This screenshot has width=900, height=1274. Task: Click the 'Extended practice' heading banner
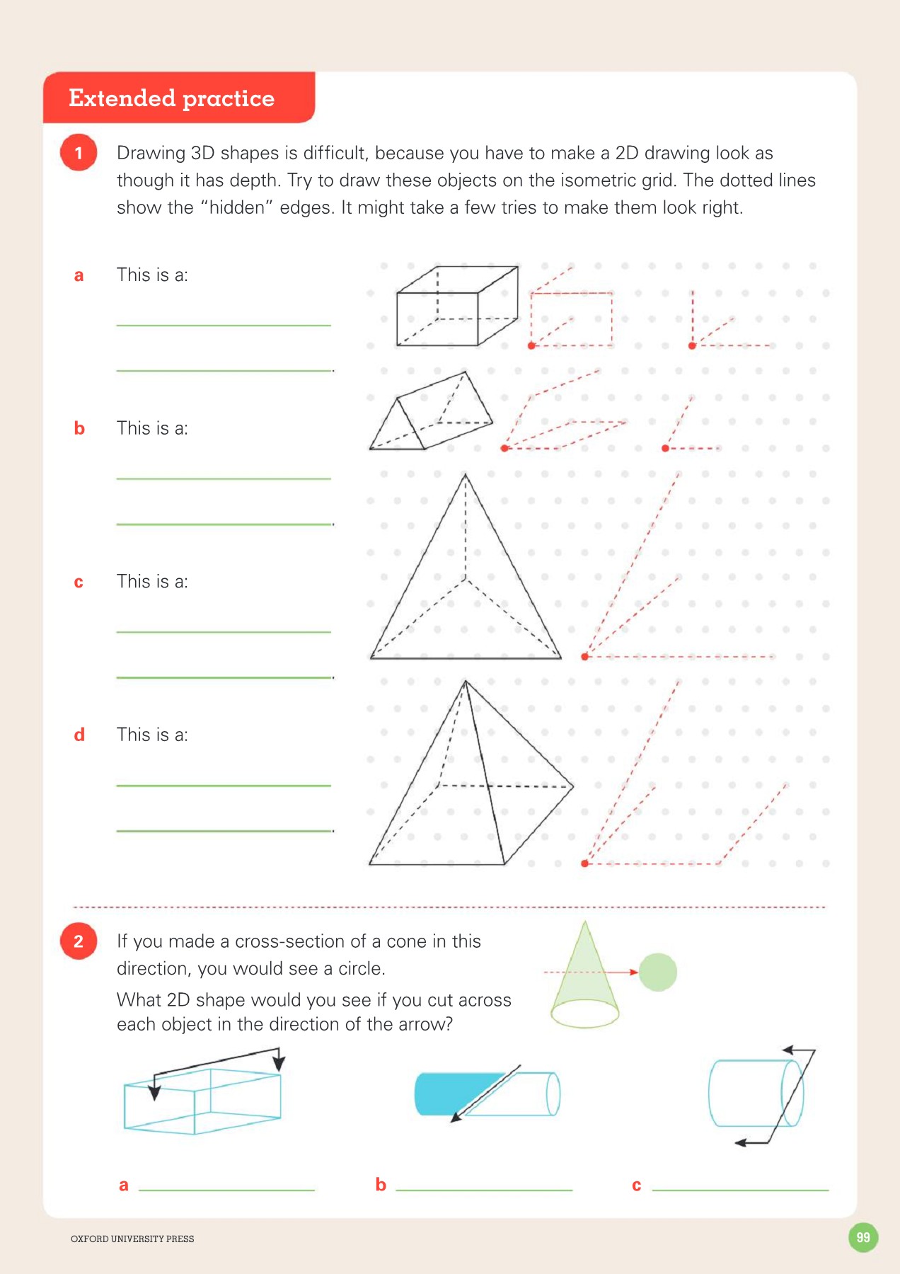point(172,98)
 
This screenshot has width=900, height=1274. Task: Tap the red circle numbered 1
point(79,153)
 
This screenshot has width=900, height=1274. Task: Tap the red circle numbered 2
point(79,941)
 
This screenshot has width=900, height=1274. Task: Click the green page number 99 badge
point(862,1237)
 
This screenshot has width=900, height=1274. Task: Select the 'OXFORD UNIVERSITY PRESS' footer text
point(132,1239)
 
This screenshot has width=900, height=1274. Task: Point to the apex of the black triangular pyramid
point(465,475)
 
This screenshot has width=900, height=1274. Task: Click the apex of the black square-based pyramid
point(466,682)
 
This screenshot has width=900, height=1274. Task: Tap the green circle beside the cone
point(658,972)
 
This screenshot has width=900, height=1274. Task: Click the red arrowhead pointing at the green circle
point(634,972)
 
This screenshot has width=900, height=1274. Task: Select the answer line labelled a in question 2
point(226,1189)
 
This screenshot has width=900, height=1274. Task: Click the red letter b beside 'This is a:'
point(79,428)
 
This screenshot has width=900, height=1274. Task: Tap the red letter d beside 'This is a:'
point(79,735)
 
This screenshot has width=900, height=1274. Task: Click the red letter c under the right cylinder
point(636,1186)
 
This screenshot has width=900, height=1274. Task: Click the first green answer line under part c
point(224,631)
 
